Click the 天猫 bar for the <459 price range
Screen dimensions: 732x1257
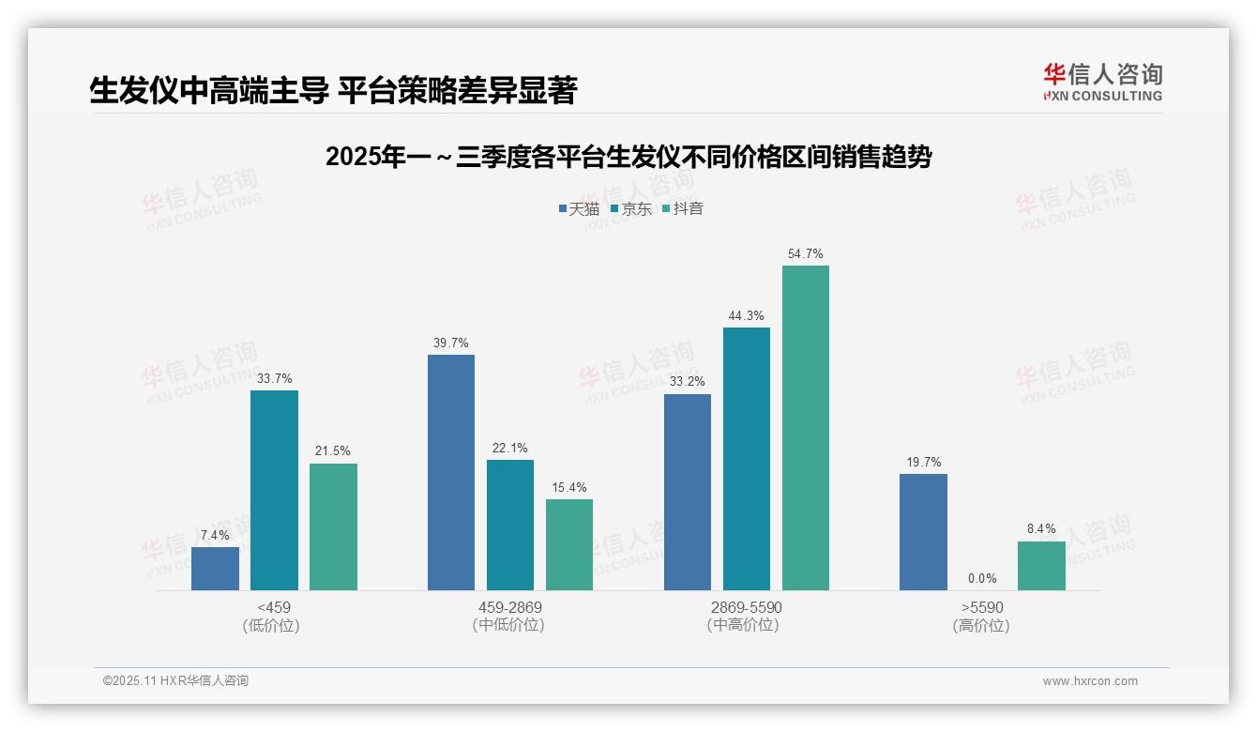pyautogui.click(x=215, y=569)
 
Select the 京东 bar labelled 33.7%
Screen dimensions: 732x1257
pyautogui.click(x=274, y=490)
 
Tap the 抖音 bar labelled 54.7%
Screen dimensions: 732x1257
pyautogui.click(x=806, y=428)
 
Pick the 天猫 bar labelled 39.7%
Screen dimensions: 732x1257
pyautogui.click(x=451, y=472)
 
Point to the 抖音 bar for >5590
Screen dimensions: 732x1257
pyautogui.click(x=1041, y=566)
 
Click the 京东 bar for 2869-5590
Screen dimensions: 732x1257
pyautogui.click(x=747, y=459)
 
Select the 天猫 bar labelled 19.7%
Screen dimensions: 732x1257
pyautogui.click(x=923, y=532)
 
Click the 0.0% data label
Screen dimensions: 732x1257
pyautogui.click(x=982, y=579)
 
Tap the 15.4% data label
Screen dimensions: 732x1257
pyautogui.click(x=569, y=488)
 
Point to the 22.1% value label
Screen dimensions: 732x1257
pyautogui.click(x=510, y=449)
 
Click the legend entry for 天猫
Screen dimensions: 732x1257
pyautogui.click(x=579, y=209)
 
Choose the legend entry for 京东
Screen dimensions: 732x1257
pyautogui.click(x=630, y=209)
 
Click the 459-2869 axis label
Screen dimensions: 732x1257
pyautogui.click(x=509, y=607)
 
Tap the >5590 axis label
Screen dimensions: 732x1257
pyautogui.click(x=981, y=607)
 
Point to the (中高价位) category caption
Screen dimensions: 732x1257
pyautogui.click(x=743, y=625)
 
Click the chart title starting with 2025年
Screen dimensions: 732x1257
pyautogui.click(x=628, y=157)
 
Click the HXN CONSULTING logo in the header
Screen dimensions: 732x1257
pyautogui.click(x=1102, y=82)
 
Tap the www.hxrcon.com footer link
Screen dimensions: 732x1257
pyautogui.click(x=1090, y=681)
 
